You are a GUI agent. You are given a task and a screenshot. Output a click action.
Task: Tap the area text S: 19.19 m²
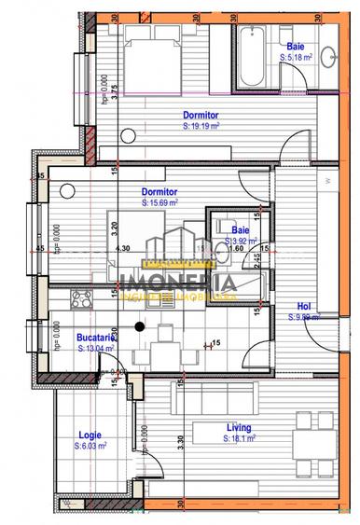pos(201,124)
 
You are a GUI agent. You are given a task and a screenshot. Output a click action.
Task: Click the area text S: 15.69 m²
pos(164,200)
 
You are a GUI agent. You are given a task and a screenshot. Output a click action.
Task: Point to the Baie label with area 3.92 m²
pos(240,229)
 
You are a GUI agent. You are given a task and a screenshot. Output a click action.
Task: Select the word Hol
pos(304,306)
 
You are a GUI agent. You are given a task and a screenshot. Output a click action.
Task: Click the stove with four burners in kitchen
pos(79,302)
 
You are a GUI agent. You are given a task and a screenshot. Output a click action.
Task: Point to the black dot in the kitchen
pos(140,325)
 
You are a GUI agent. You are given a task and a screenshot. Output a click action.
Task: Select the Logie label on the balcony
pos(89,434)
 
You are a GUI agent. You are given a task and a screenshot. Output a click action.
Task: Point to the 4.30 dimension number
pos(121,249)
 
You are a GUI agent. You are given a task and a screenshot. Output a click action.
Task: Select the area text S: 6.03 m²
pos(90,447)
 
